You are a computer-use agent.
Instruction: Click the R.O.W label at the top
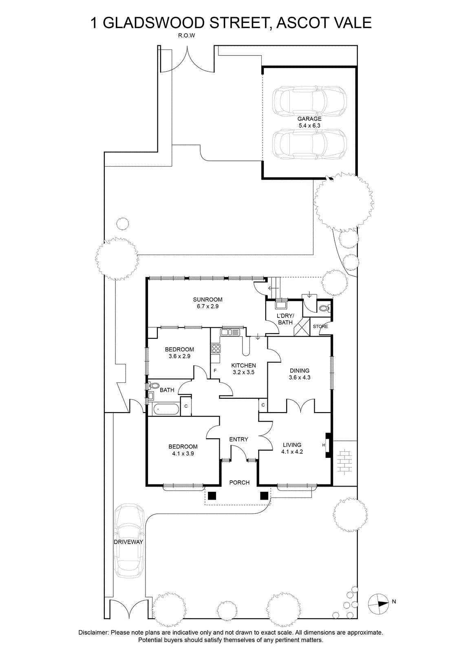pyautogui.click(x=186, y=36)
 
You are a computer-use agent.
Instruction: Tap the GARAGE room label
pyautogui.click(x=309, y=119)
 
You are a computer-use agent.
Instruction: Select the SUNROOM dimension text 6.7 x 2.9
pyautogui.click(x=207, y=307)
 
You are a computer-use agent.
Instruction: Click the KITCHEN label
pyautogui.click(x=243, y=365)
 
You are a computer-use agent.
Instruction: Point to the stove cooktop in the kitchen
pyautogui.click(x=216, y=349)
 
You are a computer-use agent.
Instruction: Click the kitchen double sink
pyautogui.click(x=230, y=332)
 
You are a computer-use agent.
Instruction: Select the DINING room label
pyautogui.click(x=299, y=371)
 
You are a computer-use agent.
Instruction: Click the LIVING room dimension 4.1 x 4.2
pyautogui.click(x=292, y=452)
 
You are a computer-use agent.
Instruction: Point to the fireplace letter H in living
pyautogui.click(x=324, y=445)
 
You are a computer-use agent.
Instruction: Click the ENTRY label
pyautogui.click(x=238, y=439)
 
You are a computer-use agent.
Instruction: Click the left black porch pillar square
pyautogui.click(x=212, y=495)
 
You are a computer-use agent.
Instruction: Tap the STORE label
pyautogui.click(x=320, y=326)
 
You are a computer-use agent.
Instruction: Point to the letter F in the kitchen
pyautogui.click(x=215, y=371)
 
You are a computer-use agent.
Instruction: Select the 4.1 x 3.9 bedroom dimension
pyautogui.click(x=183, y=453)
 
